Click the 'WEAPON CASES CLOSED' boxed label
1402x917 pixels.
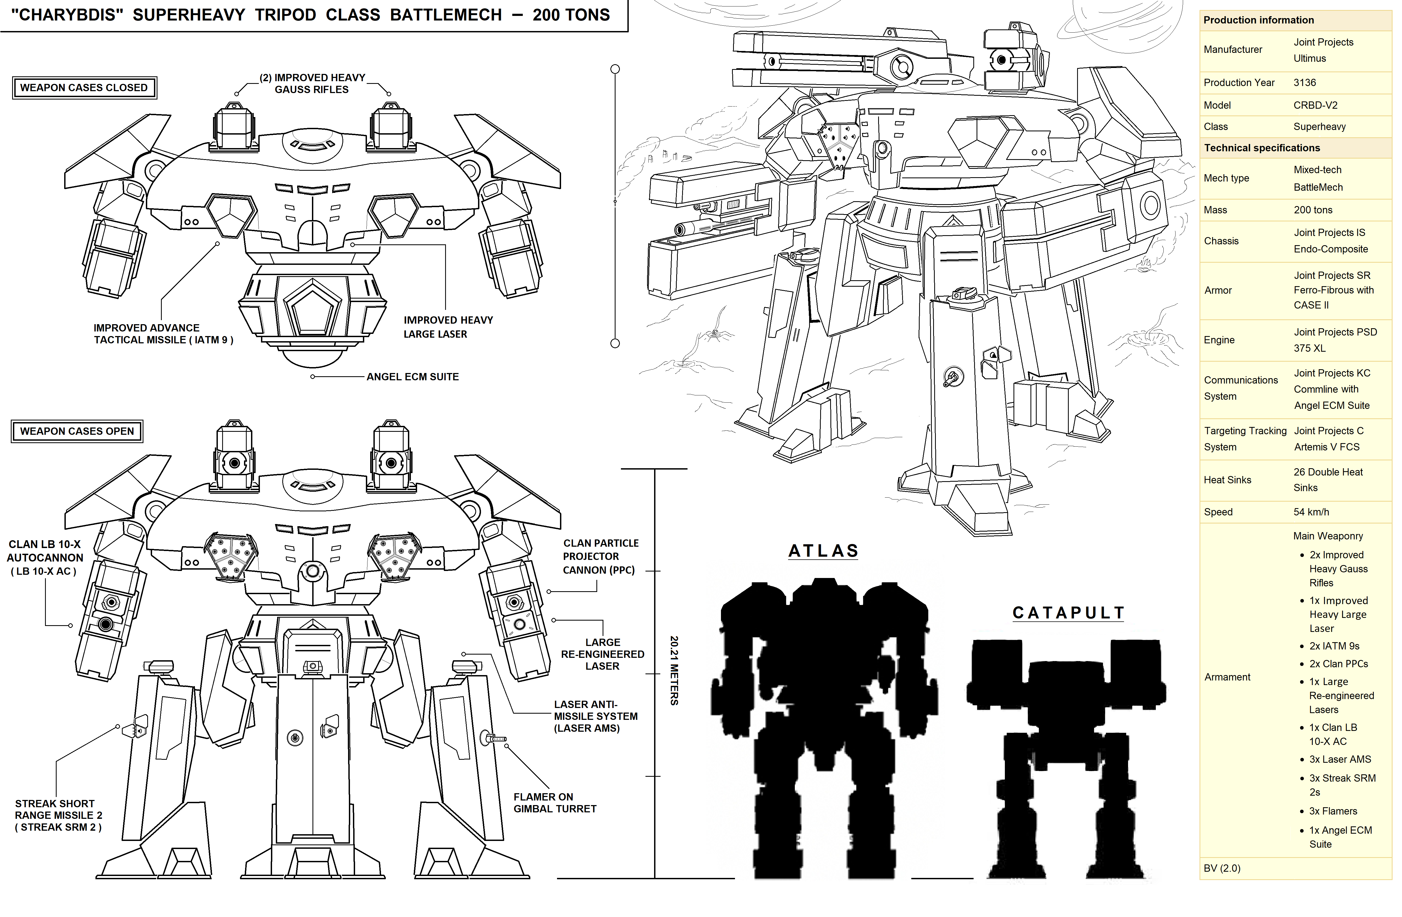pos(84,88)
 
